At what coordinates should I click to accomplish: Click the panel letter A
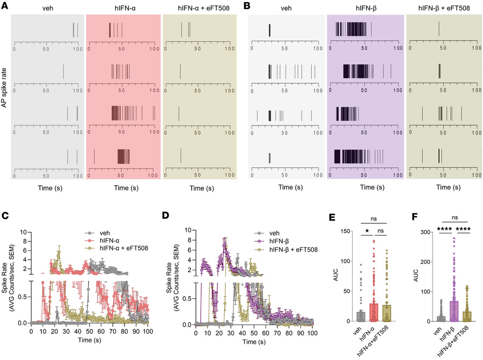(5, 5)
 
